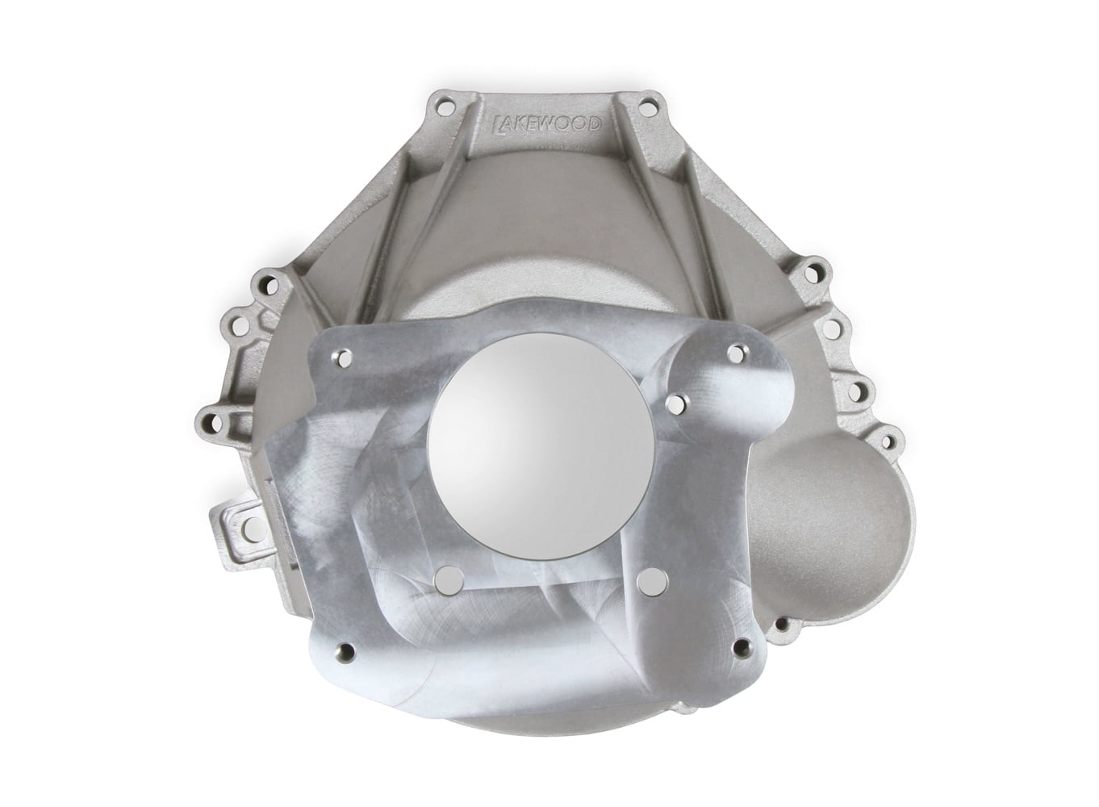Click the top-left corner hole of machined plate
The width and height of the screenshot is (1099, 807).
click(x=345, y=356)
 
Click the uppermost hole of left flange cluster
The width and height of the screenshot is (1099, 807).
click(x=262, y=282)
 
